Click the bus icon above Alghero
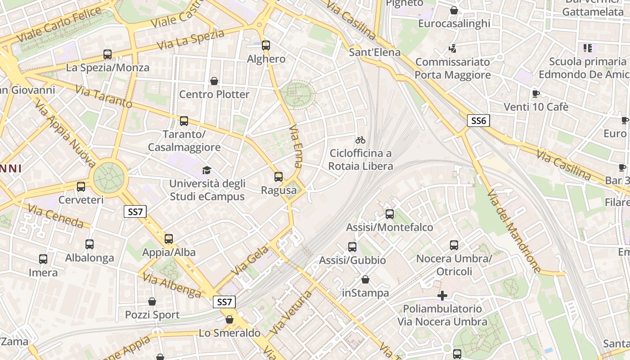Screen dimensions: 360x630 tap(266, 45)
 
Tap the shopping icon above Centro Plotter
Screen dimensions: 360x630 tap(214, 81)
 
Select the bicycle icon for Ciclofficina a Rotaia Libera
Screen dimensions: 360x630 tap(360, 140)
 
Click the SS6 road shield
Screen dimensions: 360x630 tap(478, 121)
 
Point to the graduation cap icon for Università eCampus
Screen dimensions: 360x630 tap(207, 170)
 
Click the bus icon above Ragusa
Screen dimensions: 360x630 tap(279, 177)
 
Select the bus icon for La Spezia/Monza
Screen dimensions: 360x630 tap(108, 54)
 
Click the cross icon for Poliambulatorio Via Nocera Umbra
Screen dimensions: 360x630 tap(442, 295)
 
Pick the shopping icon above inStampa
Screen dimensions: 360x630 tap(365, 279)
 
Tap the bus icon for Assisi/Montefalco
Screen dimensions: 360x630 tap(390, 214)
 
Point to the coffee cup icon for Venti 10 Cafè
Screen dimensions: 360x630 tap(535, 94)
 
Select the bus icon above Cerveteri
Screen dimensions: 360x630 tap(81, 187)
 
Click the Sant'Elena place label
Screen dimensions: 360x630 tap(375, 52)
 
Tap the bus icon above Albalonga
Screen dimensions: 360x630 tap(90, 244)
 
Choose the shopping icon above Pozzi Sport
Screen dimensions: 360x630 tap(152, 301)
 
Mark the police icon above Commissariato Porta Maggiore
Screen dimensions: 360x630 tap(453, 48)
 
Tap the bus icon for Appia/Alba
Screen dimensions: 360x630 tap(169, 239)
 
